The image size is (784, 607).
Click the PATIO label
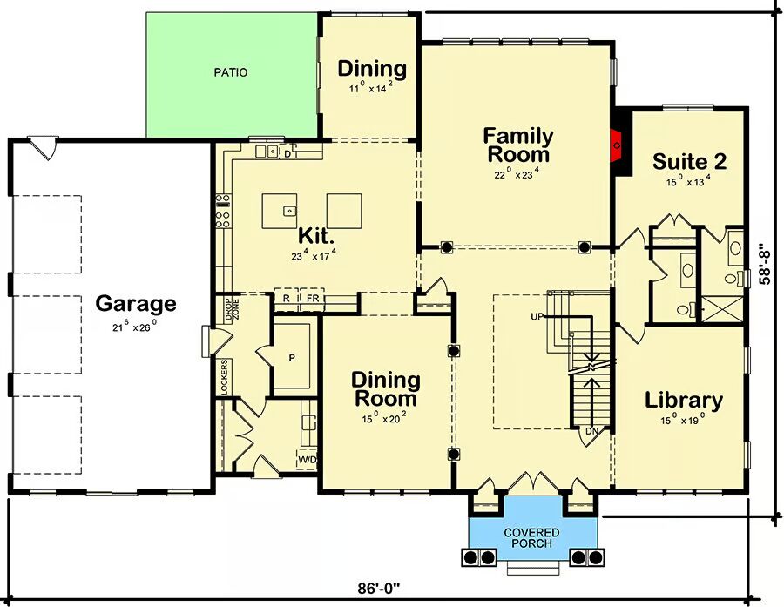coord(231,72)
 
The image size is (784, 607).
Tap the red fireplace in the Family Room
coord(617,145)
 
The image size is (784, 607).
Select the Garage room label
coord(136,303)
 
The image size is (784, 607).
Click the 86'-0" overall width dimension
coord(380,589)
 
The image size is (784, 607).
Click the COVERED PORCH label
coord(531,537)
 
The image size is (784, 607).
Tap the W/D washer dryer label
coord(308,460)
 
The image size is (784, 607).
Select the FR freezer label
coord(313,299)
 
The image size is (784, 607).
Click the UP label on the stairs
coord(537,316)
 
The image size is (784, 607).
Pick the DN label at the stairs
coord(591,430)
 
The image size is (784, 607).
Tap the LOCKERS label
coord(224,377)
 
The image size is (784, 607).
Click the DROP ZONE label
coord(232,310)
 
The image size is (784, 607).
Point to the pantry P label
coord(292,358)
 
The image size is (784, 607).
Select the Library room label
coord(684,400)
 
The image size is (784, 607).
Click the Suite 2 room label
coord(690,161)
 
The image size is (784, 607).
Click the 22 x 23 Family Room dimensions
coord(517,173)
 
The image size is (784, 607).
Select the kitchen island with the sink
coord(279,211)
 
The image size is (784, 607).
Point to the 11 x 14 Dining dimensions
coord(370,87)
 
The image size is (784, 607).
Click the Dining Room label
coord(386,389)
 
